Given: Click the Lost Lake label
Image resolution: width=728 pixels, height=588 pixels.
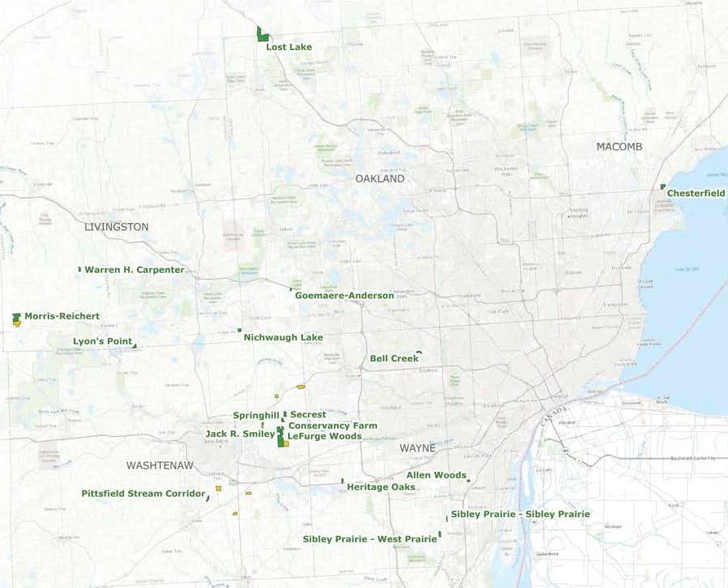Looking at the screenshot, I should [289, 47].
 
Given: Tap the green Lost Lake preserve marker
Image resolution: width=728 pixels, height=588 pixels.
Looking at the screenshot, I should [262, 35].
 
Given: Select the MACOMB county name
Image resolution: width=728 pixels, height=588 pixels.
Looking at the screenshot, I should [619, 147].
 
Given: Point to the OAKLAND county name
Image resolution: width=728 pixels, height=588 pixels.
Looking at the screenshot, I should [380, 179].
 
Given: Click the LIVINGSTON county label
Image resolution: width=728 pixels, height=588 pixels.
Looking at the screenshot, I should [117, 227].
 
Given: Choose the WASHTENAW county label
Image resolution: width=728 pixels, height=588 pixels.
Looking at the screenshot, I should [160, 465].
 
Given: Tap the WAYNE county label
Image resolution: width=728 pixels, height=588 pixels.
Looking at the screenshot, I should [417, 448].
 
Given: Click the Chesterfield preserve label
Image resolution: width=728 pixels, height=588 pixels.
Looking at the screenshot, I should [695, 194].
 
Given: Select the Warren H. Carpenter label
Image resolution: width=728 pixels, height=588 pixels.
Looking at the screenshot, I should [135, 269].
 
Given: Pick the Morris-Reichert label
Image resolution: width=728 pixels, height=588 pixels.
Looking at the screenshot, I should [62, 316].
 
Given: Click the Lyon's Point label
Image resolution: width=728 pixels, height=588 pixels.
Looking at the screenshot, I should [103, 341].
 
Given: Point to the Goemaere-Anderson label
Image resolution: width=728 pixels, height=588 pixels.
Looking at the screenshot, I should [344, 296].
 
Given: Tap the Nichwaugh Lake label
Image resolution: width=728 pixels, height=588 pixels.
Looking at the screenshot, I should [283, 337].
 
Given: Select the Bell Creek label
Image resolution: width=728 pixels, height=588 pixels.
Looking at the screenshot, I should [394, 359].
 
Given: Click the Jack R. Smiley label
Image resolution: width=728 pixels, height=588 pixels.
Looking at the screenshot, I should [240, 434].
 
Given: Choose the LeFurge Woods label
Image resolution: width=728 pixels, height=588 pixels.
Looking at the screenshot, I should [324, 436].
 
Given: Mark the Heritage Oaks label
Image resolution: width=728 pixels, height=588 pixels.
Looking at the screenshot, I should [380, 488].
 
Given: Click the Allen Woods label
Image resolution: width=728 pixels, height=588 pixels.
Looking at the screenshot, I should [436, 475].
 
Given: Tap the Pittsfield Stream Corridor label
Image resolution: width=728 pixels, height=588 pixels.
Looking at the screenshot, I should [143, 493].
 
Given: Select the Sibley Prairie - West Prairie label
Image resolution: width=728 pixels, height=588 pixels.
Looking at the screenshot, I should [370, 539].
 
